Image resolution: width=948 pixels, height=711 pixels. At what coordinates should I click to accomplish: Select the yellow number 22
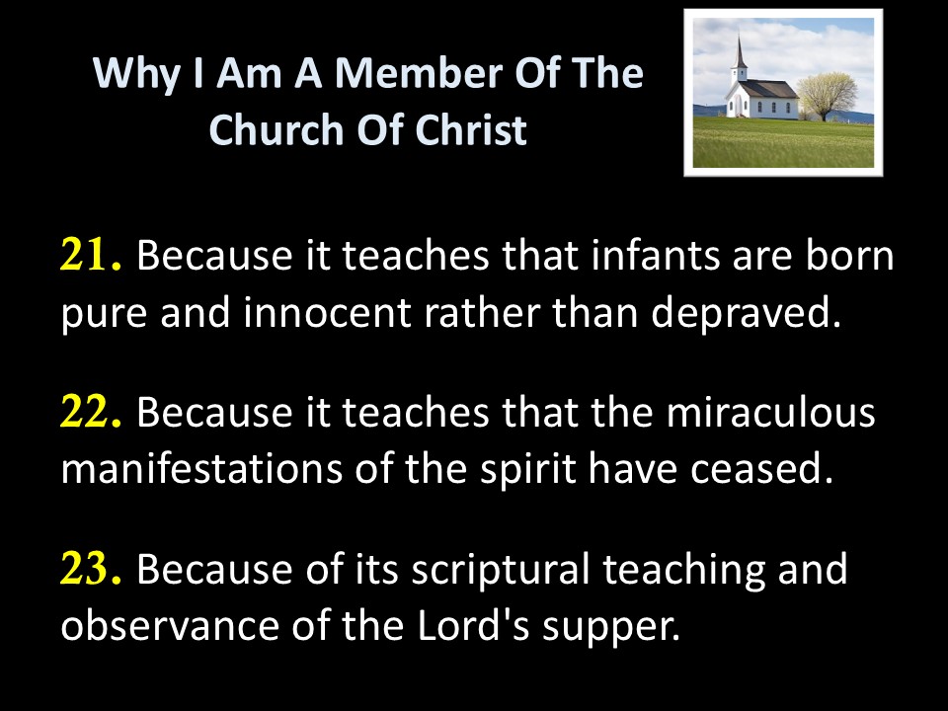(x=91, y=413)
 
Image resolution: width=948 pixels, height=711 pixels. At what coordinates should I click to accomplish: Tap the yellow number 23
(x=91, y=570)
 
